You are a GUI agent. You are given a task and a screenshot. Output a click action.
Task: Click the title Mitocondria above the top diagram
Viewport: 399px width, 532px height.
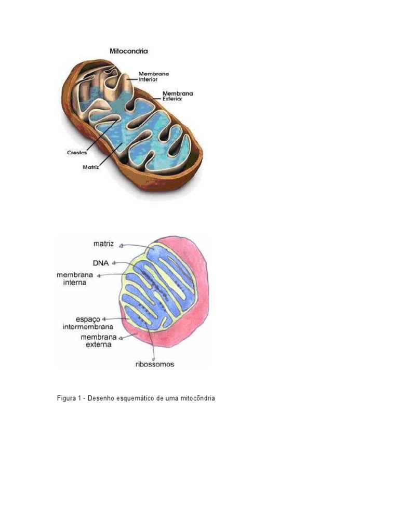pyautogui.click(x=128, y=51)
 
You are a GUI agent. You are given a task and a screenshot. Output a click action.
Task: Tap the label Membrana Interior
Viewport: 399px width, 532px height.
pyautogui.click(x=153, y=77)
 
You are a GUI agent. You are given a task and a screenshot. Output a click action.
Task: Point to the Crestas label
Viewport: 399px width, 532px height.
pyautogui.click(x=76, y=153)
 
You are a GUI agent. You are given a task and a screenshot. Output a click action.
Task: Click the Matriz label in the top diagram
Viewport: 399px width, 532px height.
pyautogui.click(x=91, y=167)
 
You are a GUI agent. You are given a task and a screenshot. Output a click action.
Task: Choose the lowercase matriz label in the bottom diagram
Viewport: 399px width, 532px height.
pyautogui.click(x=104, y=243)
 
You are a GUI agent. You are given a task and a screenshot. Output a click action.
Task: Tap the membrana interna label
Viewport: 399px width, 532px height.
pyautogui.click(x=72, y=278)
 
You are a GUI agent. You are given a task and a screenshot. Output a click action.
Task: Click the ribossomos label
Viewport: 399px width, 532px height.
pyautogui.click(x=152, y=364)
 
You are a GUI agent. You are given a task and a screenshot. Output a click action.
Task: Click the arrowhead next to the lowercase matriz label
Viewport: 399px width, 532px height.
pyautogui.click(x=120, y=244)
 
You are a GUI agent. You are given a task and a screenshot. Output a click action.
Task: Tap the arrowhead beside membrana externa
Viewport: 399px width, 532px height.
pyautogui.click(x=121, y=338)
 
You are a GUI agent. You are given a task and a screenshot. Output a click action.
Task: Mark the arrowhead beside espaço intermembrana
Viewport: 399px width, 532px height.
pyautogui.click(x=104, y=318)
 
